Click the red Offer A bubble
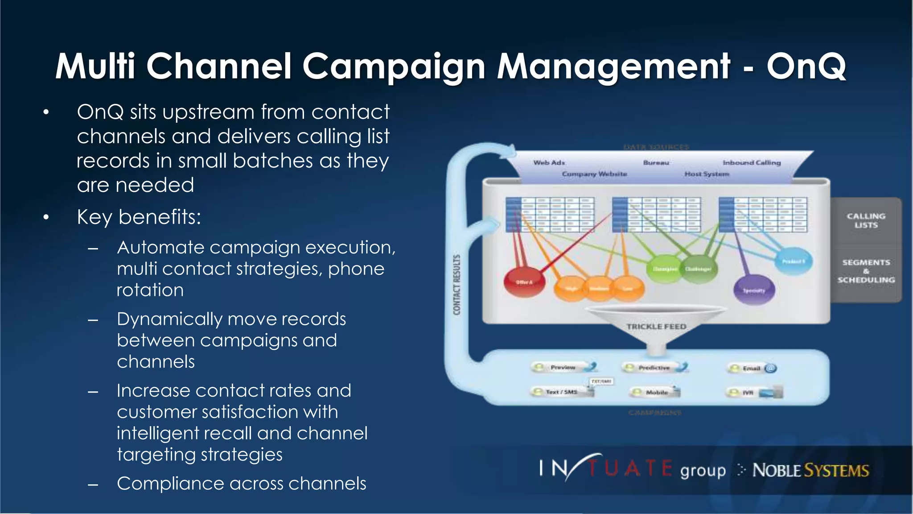(524, 282)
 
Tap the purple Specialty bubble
(754, 290)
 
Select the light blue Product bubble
(794, 261)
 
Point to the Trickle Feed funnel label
(656, 327)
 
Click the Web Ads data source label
(549, 162)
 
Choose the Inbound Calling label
(752, 162)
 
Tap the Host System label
(707, 174)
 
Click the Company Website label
(594, 174)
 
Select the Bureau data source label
(656, 162)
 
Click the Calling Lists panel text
(866, 220)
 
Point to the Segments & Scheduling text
(866, 271)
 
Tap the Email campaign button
(752, 368)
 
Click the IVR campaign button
(753, 393)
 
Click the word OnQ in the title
(806, 66)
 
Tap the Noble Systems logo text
(810, 470)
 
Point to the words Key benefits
(139, 217)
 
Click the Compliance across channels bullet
(241, 484)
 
